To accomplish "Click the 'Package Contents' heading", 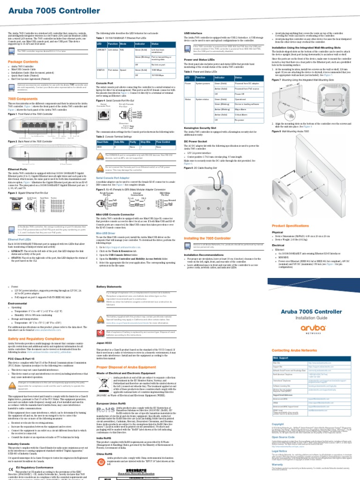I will pos(21,61).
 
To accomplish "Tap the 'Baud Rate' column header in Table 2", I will pos(102,141).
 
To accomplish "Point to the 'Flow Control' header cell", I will pos(162,141).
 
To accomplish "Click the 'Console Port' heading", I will pos(104,83).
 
